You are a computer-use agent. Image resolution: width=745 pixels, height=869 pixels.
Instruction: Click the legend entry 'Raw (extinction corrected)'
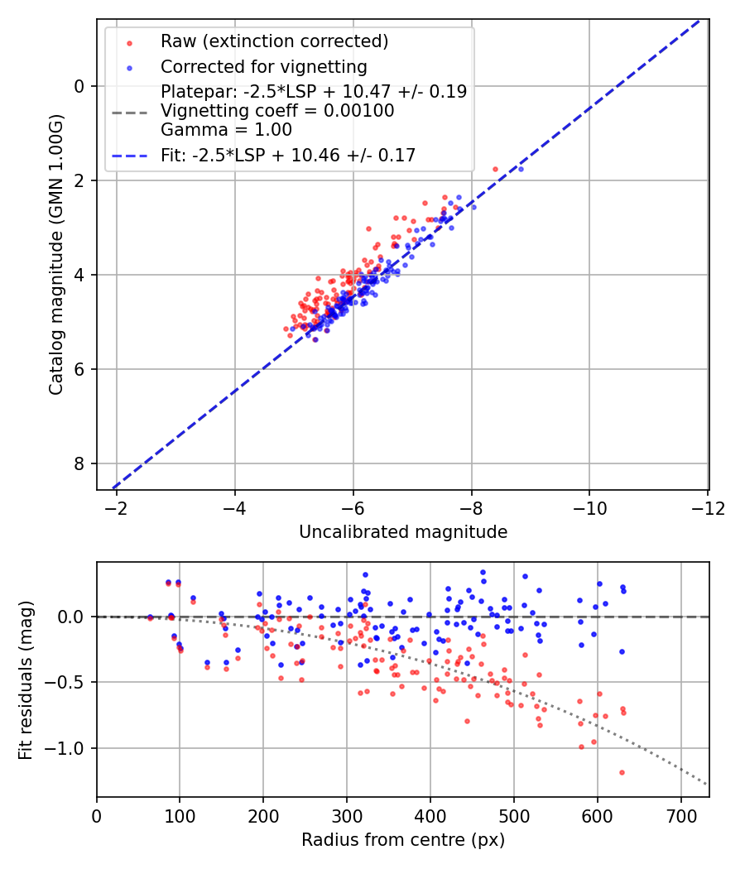(x=274, y=41)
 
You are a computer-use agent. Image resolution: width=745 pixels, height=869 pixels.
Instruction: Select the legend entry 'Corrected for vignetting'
(x=263, y=66)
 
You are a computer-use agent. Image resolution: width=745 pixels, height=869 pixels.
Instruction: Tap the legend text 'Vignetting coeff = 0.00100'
(x=277, y=111)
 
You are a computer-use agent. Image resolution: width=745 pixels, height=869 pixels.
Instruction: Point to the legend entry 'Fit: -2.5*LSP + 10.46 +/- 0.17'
(x=288, y=155)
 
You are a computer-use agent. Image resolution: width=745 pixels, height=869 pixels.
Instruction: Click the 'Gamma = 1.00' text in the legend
(x=226, y=130)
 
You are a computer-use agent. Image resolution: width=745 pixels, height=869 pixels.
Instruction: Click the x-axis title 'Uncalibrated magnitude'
(x=403, y=532)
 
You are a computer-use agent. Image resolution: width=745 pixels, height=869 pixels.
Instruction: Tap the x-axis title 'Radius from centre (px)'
(x=403, y=840)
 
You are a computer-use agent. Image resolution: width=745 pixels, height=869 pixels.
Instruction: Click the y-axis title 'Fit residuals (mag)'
(x=26, y=680)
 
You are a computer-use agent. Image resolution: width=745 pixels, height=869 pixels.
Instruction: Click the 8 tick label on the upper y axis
(x=79, y=463)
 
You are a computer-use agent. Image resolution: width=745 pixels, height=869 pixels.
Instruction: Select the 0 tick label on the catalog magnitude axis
(x=79, y=86)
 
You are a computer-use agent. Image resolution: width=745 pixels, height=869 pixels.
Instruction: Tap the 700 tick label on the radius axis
(x=680, y=816)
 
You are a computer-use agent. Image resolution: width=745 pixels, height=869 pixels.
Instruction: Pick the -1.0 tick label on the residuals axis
(x=69, y=748)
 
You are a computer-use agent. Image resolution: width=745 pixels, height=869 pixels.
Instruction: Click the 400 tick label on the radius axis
(x=430, y=816)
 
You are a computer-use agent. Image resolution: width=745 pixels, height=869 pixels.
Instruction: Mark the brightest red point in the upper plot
(x=495, y=169)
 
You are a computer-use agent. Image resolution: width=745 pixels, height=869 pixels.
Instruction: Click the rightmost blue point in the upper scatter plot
(x=521, y=169)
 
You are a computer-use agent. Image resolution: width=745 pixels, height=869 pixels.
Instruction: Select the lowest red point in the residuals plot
(x=622, y=772)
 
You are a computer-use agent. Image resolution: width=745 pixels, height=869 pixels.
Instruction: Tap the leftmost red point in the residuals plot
(x=150, y=617)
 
